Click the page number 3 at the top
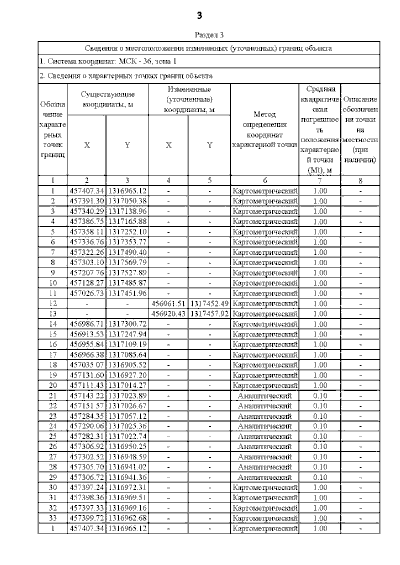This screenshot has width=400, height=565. pos(199,16)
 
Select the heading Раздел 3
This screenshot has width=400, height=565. pos(209,35)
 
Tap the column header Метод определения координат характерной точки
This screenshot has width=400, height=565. pos(265,130)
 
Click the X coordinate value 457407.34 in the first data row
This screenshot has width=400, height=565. pos(87,191)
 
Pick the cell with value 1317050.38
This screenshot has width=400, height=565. pos(127,201)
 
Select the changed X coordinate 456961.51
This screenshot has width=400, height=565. pos(168,303)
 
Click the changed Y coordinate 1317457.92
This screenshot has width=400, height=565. pos(209,314)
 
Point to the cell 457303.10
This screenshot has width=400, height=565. pos(87,262)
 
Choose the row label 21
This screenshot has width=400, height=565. pos(53,396)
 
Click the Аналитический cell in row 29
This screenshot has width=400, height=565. pos(265,477)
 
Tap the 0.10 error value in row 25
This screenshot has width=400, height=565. pos(320,436)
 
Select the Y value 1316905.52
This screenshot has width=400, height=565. pos(127,365)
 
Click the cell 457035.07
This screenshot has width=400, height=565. pos(87,365)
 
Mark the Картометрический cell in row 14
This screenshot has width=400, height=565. pos(265,324)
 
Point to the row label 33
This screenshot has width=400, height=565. pos(53,518)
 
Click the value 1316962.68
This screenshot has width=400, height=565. pos(127,518)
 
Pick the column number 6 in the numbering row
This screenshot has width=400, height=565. pos(265,180)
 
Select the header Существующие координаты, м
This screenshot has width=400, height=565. pos(108,99)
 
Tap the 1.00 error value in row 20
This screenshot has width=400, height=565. pos(320,385)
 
